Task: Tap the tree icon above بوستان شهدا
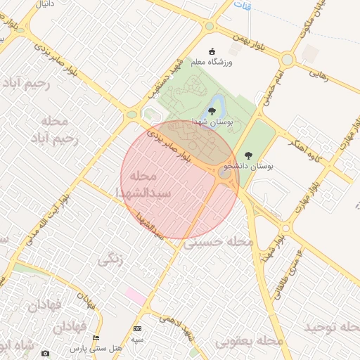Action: coord(212,111)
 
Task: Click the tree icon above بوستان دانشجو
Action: coord(247,155)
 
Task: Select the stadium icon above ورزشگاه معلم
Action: coord(213,51)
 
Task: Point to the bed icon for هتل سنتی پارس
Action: coord(96,338)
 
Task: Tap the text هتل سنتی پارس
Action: coord(96,348)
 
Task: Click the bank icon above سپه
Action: coord(137,329)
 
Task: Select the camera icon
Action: coord(46,353)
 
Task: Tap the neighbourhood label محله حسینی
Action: coord(219,242)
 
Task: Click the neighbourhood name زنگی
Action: coord(111,259)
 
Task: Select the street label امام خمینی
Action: coord(271,87)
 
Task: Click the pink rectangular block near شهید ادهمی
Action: coord(136,296)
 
